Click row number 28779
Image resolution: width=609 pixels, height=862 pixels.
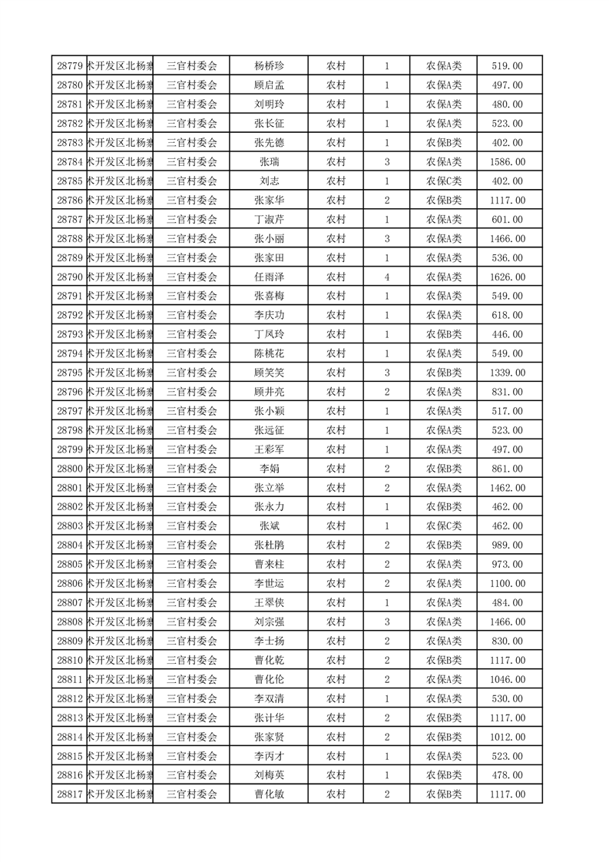point(70,66)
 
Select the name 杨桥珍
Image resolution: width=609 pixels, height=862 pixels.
point(269,66)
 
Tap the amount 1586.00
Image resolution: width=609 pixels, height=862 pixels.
point(508,162)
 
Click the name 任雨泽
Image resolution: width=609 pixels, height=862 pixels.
point(269,277)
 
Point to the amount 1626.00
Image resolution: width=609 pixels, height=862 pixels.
point(508,277)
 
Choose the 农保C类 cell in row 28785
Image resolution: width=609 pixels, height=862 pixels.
point(444,181)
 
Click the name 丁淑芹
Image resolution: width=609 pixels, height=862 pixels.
point(269,220)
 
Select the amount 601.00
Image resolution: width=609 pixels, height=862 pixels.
point(508,220)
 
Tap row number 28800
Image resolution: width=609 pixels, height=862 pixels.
point(70,469)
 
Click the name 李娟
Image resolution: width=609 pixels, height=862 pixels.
point(269,469)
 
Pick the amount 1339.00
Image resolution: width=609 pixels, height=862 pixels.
point(508,373)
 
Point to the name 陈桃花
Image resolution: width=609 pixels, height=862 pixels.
point(269,353)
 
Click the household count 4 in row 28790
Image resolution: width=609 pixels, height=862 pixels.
point(386,277)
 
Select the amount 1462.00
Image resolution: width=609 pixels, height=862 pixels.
point(508,488)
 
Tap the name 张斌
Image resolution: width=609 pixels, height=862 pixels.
point(269,526)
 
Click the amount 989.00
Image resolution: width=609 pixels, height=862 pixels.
point(508,545)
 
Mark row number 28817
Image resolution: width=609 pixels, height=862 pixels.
point(70,794)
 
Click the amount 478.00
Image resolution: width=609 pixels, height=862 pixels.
point(508,775)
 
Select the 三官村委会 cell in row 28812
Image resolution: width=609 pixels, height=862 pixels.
point(192,698)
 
